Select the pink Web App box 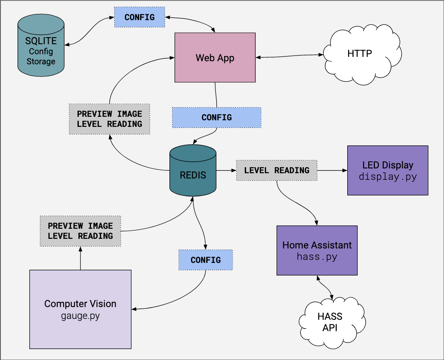pyautogui.click(x=215, y=57)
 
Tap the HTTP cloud pyautogui.click(x=359, y=54)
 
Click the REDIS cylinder pyautogui.click(x=193, y=173)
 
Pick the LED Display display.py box pyautogui.click(x=388, y=170)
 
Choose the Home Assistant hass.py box pyautogui.click(x=317, y=250)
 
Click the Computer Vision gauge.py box pyautogui.click(x=80, y=309)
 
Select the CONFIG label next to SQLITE pyautogui.click(x=139, y=17)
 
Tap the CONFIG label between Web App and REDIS pyautogui.click(x=216, y=118)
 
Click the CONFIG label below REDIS pyautogui.click(x=205, y=260)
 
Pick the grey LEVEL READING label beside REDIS pyautogui.click(x=276, y=170)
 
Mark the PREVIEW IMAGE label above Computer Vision pyautogui.click(x=80, y=231)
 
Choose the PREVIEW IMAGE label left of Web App pyautogui.click(x=109, y=119)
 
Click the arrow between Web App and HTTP pyautogui.click(x=289, y=56)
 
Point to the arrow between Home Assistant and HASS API pyautogui.click(x=324, y=286)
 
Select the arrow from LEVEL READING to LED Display pyautogui.click(x=331, y=170)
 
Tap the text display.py pyautogui.click(x=388, y=177)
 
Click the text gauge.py pyautogui.click(x=80, y=315)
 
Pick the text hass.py pyautogui.click(x=317, y=257)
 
